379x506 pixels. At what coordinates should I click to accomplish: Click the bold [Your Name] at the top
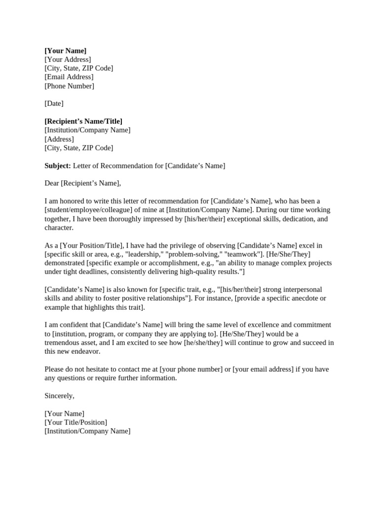click(65, 51)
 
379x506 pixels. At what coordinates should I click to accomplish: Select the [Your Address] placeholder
click(68, 60)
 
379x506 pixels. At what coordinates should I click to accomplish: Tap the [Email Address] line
click(69, 77)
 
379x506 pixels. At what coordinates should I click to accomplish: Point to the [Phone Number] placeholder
click(69, 86)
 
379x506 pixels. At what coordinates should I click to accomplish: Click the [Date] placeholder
click(54, 104)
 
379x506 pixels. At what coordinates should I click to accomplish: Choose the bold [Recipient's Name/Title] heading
click(83, 122)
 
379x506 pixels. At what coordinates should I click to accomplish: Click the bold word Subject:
click(58, 166)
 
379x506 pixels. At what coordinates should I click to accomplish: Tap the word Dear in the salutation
click(52, 183)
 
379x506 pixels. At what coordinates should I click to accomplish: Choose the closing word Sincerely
click(59, 396)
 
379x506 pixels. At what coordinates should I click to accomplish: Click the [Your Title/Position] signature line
click(76, 422)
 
